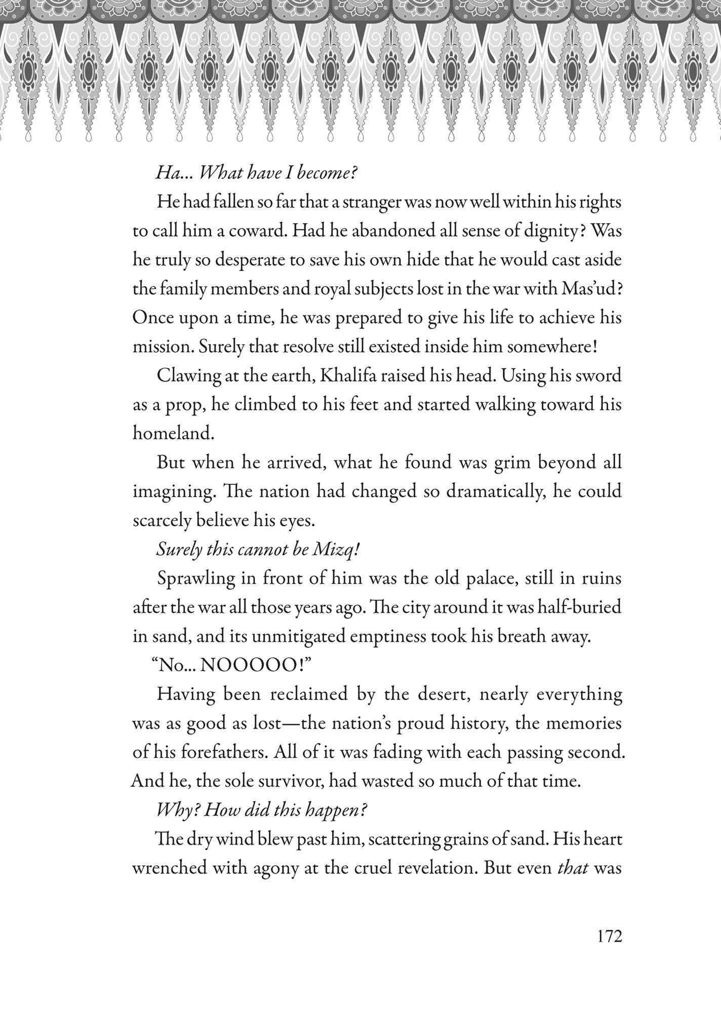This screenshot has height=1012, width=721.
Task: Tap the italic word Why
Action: pyautogui.click(x=173, y=810)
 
